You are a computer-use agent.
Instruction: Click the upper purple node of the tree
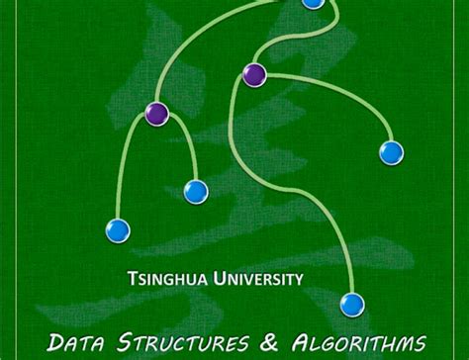pos(254,74)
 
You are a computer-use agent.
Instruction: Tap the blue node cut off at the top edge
pos(313,3)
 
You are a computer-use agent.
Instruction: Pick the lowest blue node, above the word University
pos(352,304)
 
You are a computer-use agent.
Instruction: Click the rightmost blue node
pos(392,152)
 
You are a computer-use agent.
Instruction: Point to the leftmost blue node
pos(118,231)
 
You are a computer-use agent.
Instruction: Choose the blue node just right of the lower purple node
pos(196,191)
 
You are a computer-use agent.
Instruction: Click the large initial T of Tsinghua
pos(133,280)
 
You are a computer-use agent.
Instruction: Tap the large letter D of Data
pos(57,343)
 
